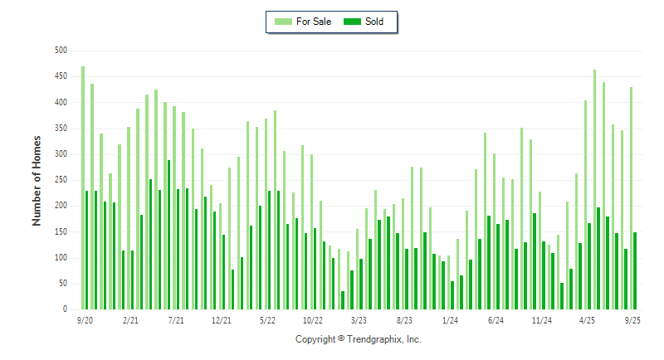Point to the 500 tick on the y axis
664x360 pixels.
(61, 51)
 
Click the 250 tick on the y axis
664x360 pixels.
(61, 180)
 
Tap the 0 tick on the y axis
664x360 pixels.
(65, 309)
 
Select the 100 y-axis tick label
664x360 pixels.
(61, 258)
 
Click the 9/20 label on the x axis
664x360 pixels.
(84, 319)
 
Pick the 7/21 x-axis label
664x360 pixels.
(175, 319)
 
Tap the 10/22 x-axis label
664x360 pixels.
(312, 319)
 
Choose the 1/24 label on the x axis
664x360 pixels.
(450, 319)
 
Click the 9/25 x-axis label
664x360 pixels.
(632, 319)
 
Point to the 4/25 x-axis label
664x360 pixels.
(587, 319)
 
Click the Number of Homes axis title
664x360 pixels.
(37, 180)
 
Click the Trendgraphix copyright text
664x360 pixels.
(359, 339)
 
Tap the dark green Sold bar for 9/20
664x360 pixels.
(87, 250)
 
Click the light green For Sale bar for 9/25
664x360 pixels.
(631, 198)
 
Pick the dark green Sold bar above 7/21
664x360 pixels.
(178, 249)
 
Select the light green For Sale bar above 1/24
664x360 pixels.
(449, 282)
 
